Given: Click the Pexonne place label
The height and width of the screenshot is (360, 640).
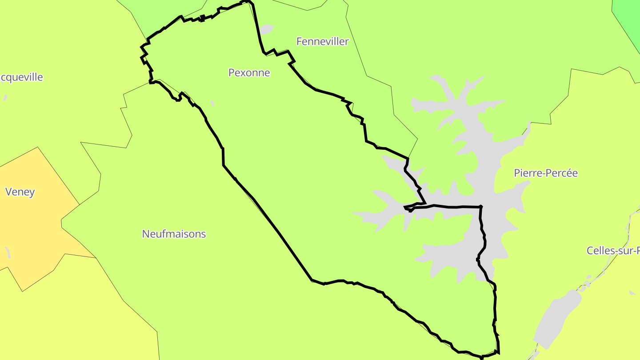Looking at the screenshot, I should (249, 72).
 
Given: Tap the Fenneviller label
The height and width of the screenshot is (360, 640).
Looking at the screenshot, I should (322, 42).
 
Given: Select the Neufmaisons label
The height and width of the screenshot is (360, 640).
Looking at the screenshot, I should (174, 234).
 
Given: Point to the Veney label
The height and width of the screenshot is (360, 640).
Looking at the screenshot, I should (20, 192).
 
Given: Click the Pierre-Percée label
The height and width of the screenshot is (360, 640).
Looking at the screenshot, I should (546, 173).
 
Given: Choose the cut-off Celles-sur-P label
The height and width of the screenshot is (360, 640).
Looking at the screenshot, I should (613, 251).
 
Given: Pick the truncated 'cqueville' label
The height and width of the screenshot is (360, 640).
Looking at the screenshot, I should (21, 77).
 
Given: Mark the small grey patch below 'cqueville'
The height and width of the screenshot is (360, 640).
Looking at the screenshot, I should (5, 98).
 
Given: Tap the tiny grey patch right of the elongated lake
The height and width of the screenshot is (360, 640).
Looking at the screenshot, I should (632, 292).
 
